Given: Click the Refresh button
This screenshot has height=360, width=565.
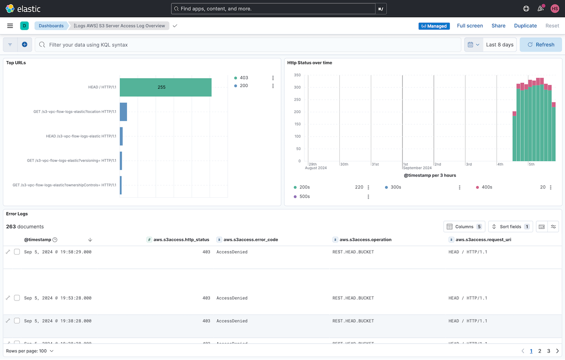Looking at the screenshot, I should [541, 45].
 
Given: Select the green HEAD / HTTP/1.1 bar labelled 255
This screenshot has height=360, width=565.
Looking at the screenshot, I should [166, 87].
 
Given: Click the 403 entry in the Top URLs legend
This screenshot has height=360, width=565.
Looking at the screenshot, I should [244, 78].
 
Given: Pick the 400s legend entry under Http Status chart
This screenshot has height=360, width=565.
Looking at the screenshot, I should [486, 187].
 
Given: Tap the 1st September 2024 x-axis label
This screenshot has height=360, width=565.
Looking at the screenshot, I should [416, 166].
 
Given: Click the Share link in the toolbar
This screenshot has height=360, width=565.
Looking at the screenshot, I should [498, 26].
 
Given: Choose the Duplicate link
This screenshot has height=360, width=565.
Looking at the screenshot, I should [525, 26].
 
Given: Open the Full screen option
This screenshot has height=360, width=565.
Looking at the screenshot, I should [470, 26].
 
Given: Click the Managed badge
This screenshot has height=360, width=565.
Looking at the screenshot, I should [434, 26].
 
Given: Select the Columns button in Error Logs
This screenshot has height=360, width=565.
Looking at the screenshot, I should [464, 226].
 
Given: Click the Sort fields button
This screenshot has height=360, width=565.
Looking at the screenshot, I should [510, 226].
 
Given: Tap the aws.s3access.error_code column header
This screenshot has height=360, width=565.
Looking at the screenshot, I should [250, 240].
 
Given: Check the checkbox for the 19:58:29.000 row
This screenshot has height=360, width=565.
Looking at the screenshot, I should [17, 252].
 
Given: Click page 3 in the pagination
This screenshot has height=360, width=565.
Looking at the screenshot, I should [549, 351].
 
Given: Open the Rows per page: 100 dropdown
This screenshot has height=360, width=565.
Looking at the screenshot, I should [30, 351].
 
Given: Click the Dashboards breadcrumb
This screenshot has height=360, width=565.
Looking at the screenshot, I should [51, 26].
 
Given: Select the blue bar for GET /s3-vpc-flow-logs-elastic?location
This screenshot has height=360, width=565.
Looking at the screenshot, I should [124, 112].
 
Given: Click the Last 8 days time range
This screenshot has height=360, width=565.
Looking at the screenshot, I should [500, 45].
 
